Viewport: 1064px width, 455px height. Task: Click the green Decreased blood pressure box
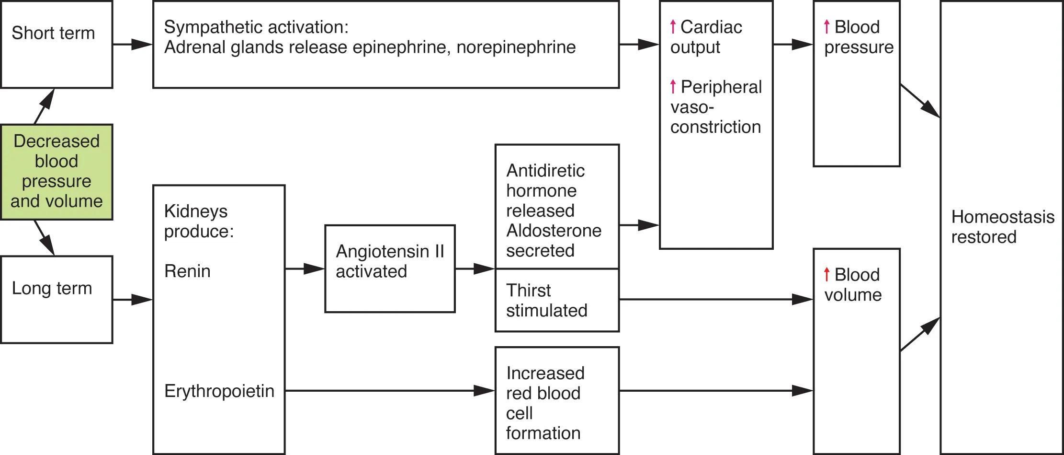pyautogui.click(x=57, y=172)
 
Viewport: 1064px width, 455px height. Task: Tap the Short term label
pyautogui.click(x=53, y=33)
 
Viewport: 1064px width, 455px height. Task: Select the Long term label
pyautogui.click(x=52, y=288)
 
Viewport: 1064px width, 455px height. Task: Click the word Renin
pyautogui.click(x=187, y=271)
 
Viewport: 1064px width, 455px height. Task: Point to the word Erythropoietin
pyautogui.click(x=219, y=391)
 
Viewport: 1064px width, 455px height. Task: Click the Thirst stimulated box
pyautogui.click(x=556, y=301)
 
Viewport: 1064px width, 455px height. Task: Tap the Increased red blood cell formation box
pyautogui.click(x=556, y=401)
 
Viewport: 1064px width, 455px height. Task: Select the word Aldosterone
pyautogui.click(x=554, y=231)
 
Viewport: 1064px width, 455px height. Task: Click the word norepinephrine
pyautogui.click(x=516, y=47)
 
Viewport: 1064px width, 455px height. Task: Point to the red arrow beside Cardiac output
pyautogui.click(x=673, y=27)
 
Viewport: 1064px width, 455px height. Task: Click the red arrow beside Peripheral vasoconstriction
pyautogui.click(x=673, y=87)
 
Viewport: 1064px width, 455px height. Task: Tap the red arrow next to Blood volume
pyautogui.click(x=826, y=274)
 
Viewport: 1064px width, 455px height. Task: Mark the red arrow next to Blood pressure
pyautogui.click(x=826, y=27)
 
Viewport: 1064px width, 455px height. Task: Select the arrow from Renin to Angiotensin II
pyautogui.click(x=305, y=269)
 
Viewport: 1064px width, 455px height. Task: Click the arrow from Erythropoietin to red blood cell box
pyautogui.click(x=390, y=391)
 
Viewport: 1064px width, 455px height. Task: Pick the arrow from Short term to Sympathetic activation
pyautogui.click(x=133, y=45)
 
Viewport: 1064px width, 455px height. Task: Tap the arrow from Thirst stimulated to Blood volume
pyautogui.click(x=716, y=300)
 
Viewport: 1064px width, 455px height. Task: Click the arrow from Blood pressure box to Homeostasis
pyautogui.click(x=920, y=101)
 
